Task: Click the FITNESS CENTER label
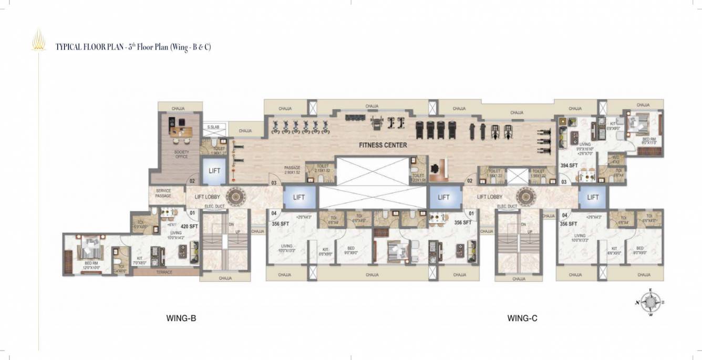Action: (x=383, y=145)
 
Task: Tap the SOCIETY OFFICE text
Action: (x=181, y=155)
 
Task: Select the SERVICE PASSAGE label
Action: (x=163, y=193)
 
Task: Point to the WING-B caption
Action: (x=181, y=318)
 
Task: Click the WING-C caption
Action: (x=522, y=318)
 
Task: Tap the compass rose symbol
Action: (x=651, y=303)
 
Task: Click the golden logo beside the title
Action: (x=38, y=41)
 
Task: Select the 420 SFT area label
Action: (x=190, y=226)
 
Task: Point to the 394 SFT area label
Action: (x=569, y=165)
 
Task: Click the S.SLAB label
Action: (x=213, y=127)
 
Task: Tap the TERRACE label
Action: (x=164, y=272)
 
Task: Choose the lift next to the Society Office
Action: (x=214, y=171)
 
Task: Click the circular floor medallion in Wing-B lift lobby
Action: (x=235, y=197)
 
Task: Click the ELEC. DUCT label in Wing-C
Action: (x=508, y=207)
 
